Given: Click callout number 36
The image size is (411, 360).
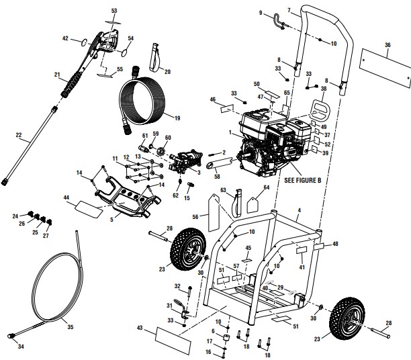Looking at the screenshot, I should [x=387, y=44].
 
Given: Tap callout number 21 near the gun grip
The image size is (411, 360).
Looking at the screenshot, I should [x=58, y=75].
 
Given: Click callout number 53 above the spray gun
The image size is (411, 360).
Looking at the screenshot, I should [x=113, y=11].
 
